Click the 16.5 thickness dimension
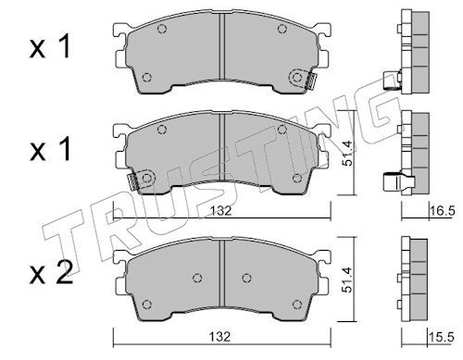tap(443, 211)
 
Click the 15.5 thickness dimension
tap(442, 338)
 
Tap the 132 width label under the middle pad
tap(220, 211)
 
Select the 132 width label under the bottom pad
tap(220, 337)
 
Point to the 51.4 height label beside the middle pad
tap(347, 154)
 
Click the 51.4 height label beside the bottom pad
tap(347, 280)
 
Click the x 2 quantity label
tap(51, 273)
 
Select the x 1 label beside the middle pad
tap(50, 149)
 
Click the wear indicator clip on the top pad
tap(309, 81)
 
